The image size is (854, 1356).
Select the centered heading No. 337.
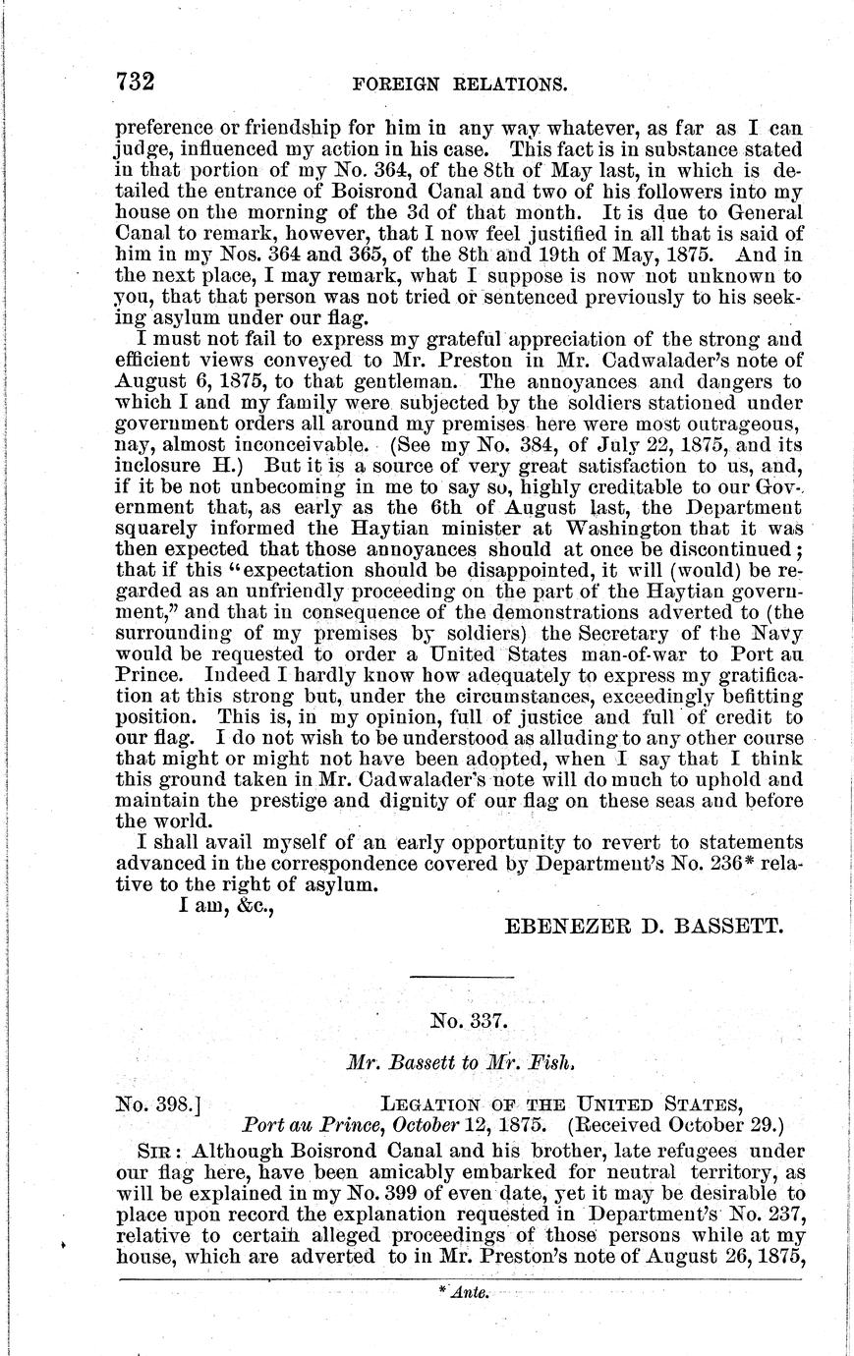[x=470, y=1021]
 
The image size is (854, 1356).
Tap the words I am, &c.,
[x=225, y=906]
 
